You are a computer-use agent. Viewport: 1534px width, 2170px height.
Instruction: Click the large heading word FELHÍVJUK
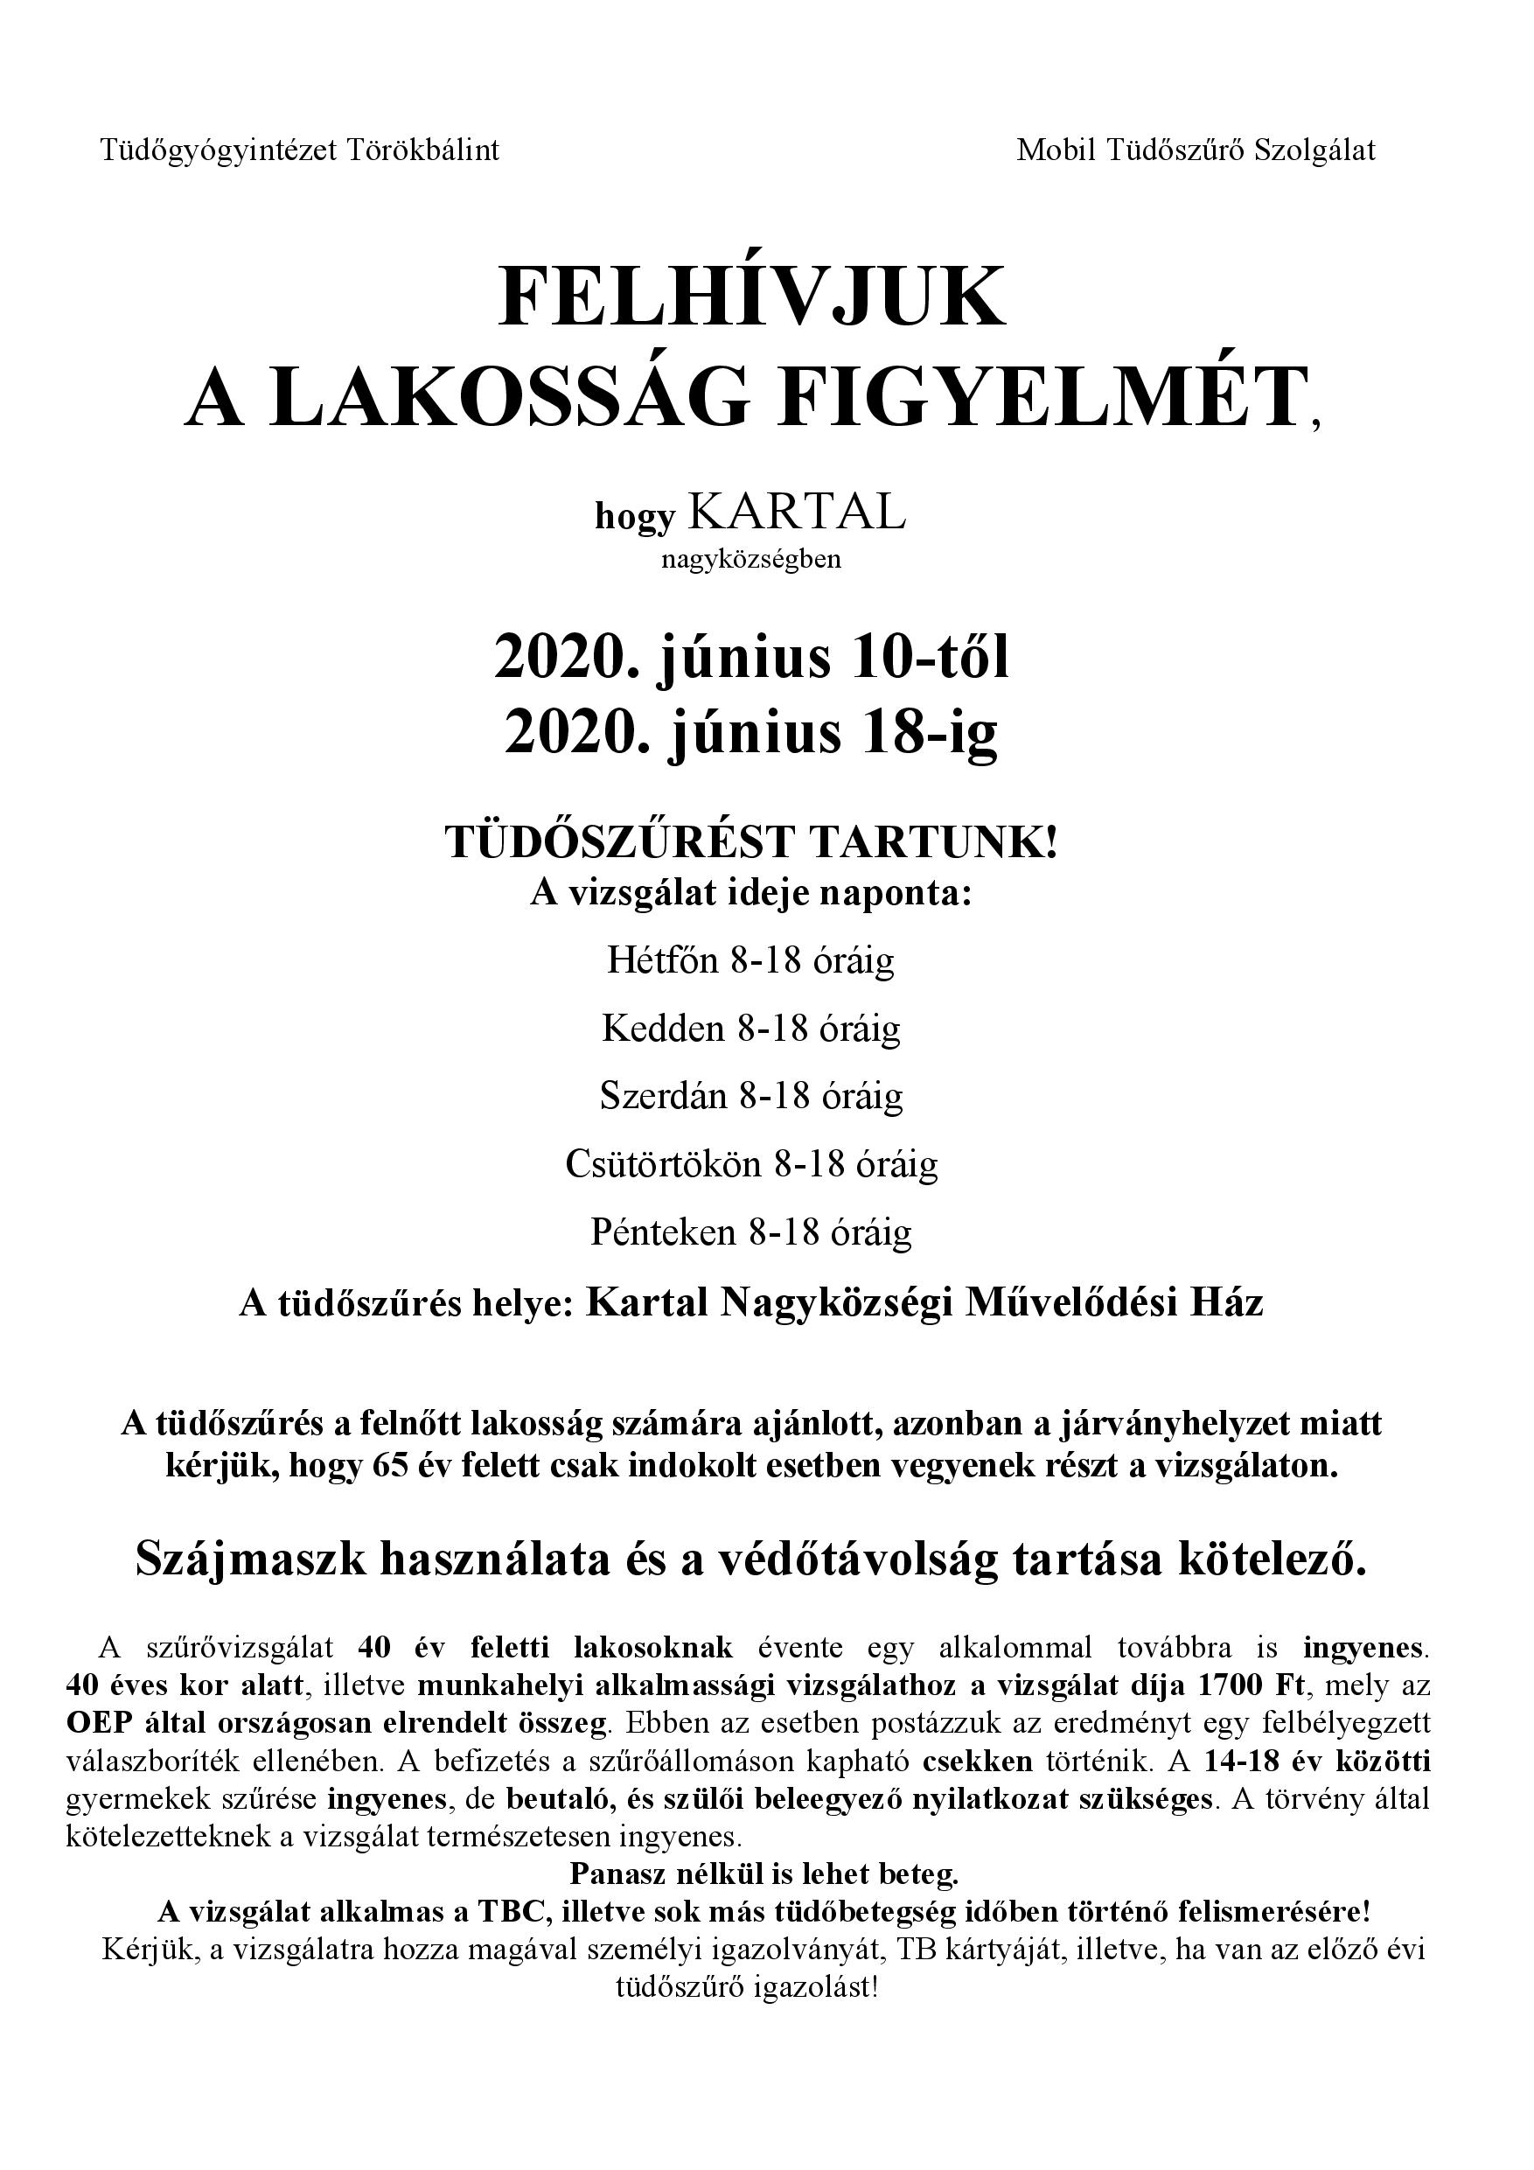point(752,297)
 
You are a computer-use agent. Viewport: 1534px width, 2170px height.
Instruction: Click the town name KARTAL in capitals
point(797,513)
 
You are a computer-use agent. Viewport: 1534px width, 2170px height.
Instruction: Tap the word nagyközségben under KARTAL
point(751,560)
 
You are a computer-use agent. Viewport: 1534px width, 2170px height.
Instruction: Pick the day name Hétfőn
point(663,960)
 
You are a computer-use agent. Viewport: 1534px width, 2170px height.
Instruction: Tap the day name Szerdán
point(664,1095)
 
